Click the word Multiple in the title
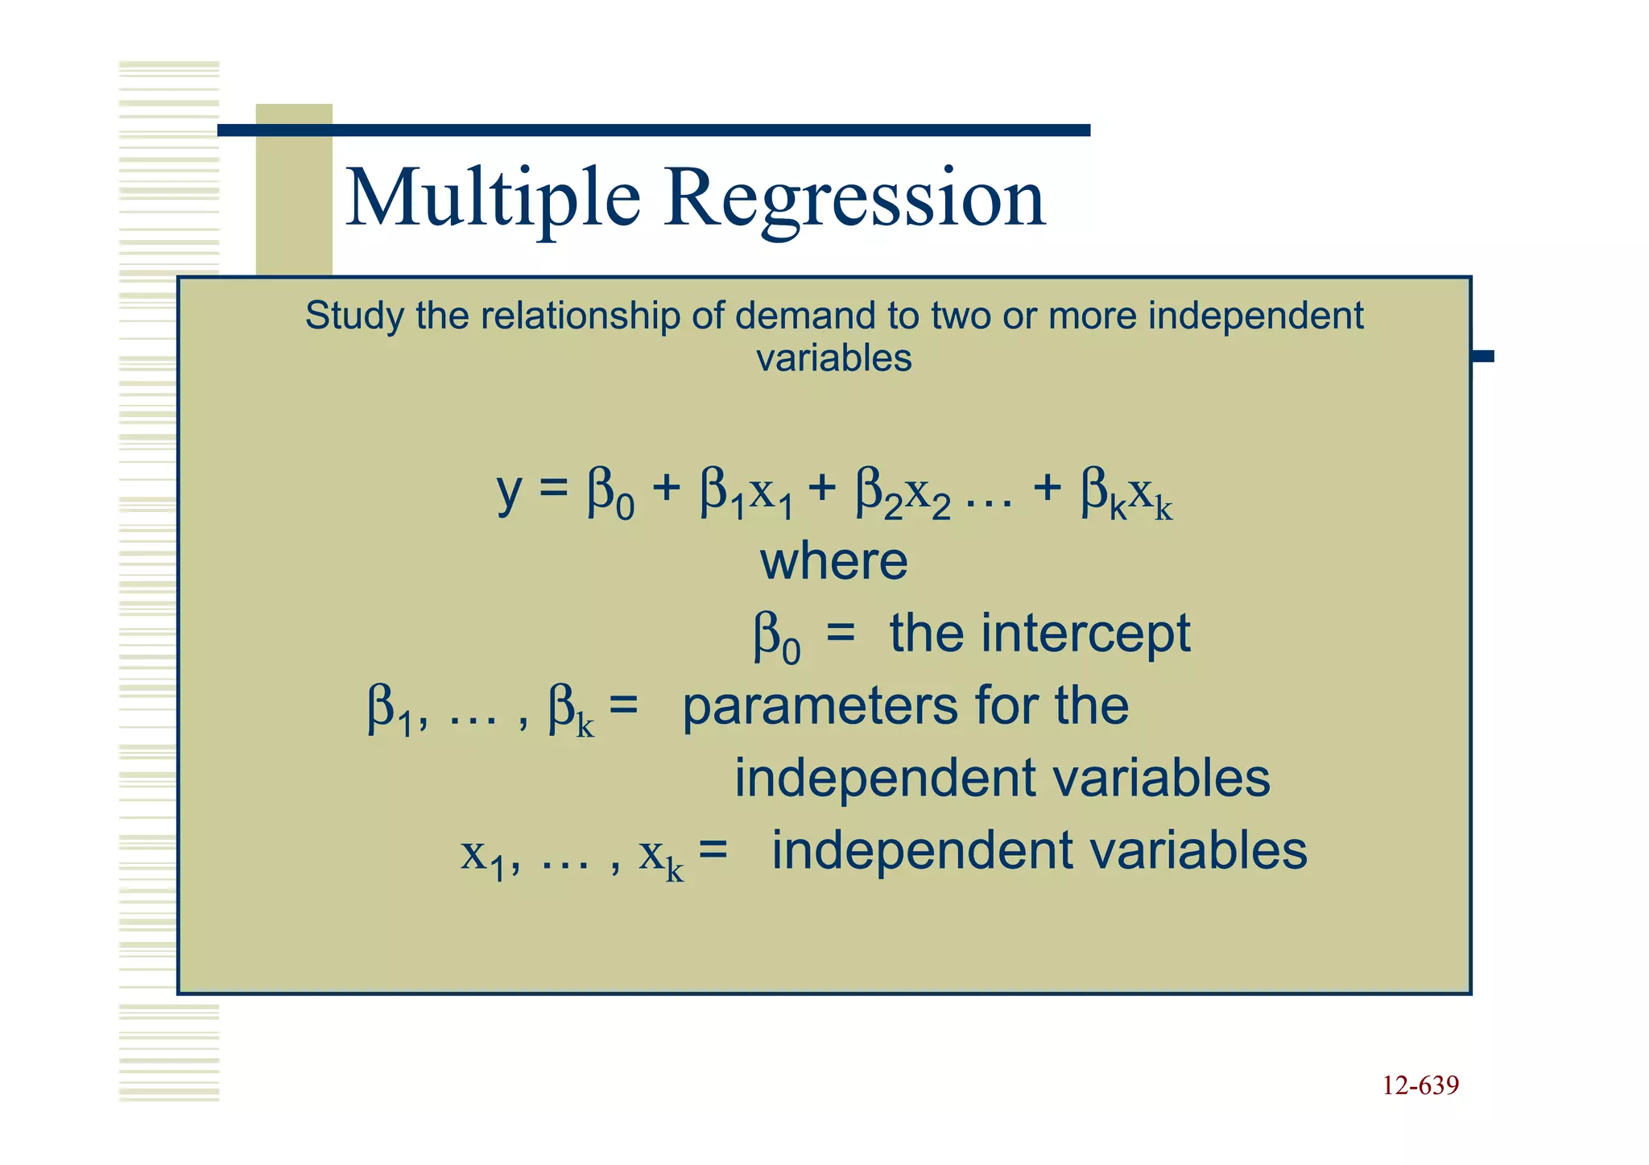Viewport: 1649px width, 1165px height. coord(493,197)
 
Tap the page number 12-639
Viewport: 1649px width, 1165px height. coord(1420,1085)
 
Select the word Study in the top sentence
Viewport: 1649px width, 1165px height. coord(353,316)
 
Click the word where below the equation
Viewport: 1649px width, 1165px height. coord(834,561)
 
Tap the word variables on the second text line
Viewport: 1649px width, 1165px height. coord(834,357)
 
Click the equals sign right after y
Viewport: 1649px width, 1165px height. coord(553,488)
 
